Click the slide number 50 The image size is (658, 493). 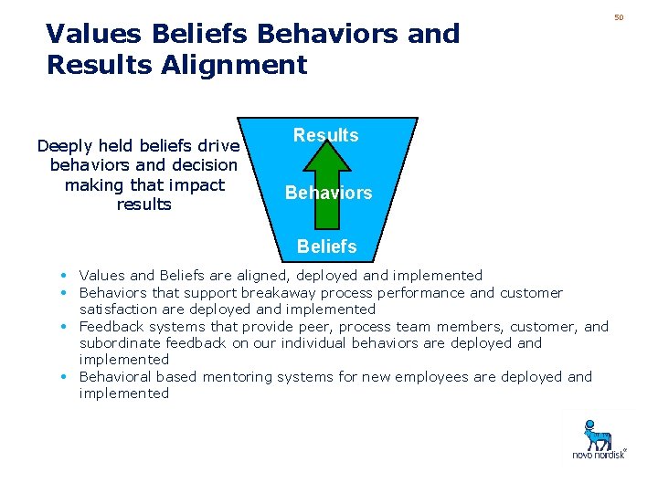[619, 17]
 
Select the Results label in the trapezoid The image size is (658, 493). [325, 135]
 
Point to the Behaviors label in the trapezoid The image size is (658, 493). [328, 193]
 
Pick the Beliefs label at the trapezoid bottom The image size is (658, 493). [326, 246]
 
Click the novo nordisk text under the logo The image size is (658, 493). [599, 454]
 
